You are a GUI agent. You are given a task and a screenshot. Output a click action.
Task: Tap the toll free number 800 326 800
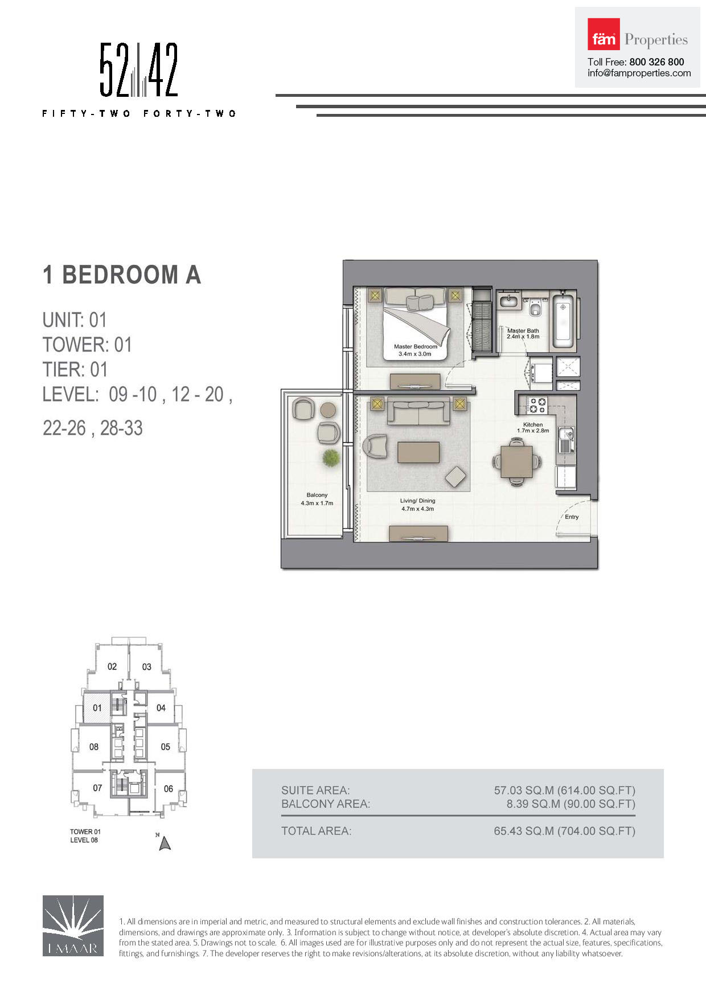(656, 62)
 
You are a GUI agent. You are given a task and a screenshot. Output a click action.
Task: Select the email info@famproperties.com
(639, 73)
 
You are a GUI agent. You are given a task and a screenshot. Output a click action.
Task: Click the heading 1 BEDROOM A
(122, 275)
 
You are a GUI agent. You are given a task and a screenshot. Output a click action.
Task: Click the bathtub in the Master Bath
(563, 321)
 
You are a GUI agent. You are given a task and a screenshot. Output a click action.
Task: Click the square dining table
(516, 461)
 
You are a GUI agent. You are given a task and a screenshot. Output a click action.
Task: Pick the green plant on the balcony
(330, 457)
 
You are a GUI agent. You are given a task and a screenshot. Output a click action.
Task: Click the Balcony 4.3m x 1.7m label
(317, 499)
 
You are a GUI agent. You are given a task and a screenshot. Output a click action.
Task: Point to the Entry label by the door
(572, 517)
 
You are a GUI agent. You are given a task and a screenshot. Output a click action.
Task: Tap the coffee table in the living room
(418, 452)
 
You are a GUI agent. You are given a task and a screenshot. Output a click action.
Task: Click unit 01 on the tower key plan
(97, 708)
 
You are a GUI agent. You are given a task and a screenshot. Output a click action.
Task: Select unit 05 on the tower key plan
(165, 747)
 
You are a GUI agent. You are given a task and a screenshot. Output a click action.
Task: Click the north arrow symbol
(165, 842)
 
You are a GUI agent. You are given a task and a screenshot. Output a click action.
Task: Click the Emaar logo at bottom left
(73, 926)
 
